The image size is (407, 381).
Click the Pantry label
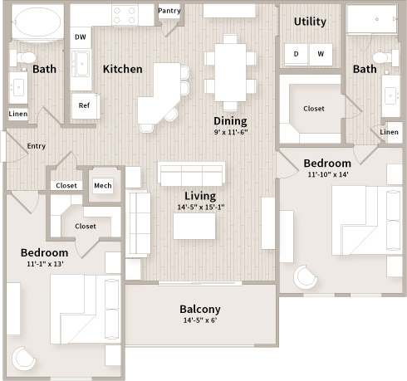pyautogui.click(x=169, y=12)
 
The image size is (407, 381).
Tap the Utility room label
pyautogui.click(x=309, y=21)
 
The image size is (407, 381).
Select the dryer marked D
pyautogui.click(x=297, y=54)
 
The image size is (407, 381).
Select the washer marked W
pyautogui.click(x=321, y=54)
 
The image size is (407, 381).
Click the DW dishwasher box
pyautogui.click(x=81, y=37)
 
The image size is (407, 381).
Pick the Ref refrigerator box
pyautogui.click(x=84, y=105)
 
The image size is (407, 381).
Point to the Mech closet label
pyautogui.click(x=102, y=185)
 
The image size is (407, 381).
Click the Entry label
pyautogui.click(x=37, y=146)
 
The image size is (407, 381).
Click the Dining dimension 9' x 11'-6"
pyautogui.click(x=230, y=131)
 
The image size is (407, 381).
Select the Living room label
pyautogui.click(x=200, y=196)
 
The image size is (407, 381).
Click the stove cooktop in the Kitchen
pyautogui.click(x=124, y=15)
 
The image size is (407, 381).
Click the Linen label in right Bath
pyautogui.click(x=388, y=132)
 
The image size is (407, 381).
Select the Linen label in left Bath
pyautogui.click(x=17, y=114)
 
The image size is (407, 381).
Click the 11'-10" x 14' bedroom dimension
pyautogui.click(x=326, y=175)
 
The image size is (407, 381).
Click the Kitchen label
pyautogui.click(x=122, y=69)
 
